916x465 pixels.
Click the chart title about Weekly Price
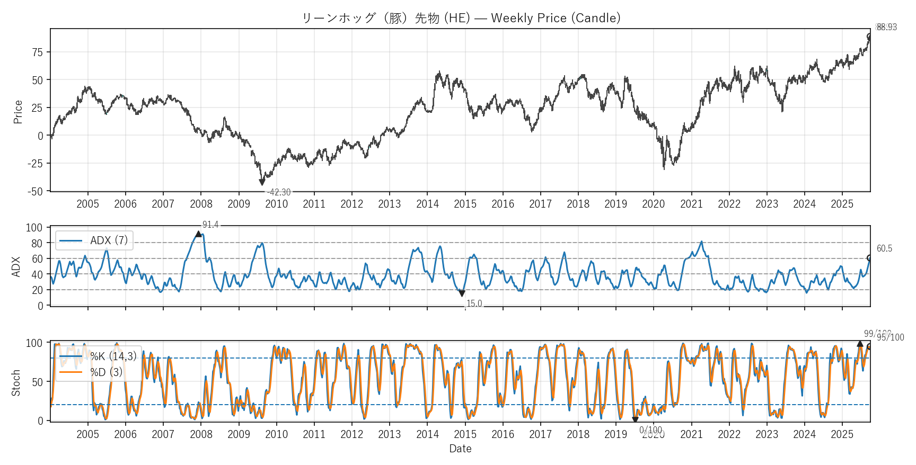461,18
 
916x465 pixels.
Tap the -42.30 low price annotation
279,192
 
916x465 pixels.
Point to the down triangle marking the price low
262,182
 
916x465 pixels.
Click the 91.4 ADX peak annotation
210,225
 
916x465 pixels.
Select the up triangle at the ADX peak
198,234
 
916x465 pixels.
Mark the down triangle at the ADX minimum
462,293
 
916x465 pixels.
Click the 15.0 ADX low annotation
474,303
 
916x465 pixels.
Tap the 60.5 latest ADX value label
884,249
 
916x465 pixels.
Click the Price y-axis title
18,112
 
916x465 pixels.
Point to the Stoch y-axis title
16,383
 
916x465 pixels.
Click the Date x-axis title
460,449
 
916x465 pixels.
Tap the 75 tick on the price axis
37,52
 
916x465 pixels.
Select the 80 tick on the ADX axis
37,244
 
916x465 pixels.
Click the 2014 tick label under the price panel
427,204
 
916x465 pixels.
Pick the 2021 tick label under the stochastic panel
691,434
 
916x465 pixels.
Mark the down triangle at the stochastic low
635,420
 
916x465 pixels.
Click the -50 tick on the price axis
36,192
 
